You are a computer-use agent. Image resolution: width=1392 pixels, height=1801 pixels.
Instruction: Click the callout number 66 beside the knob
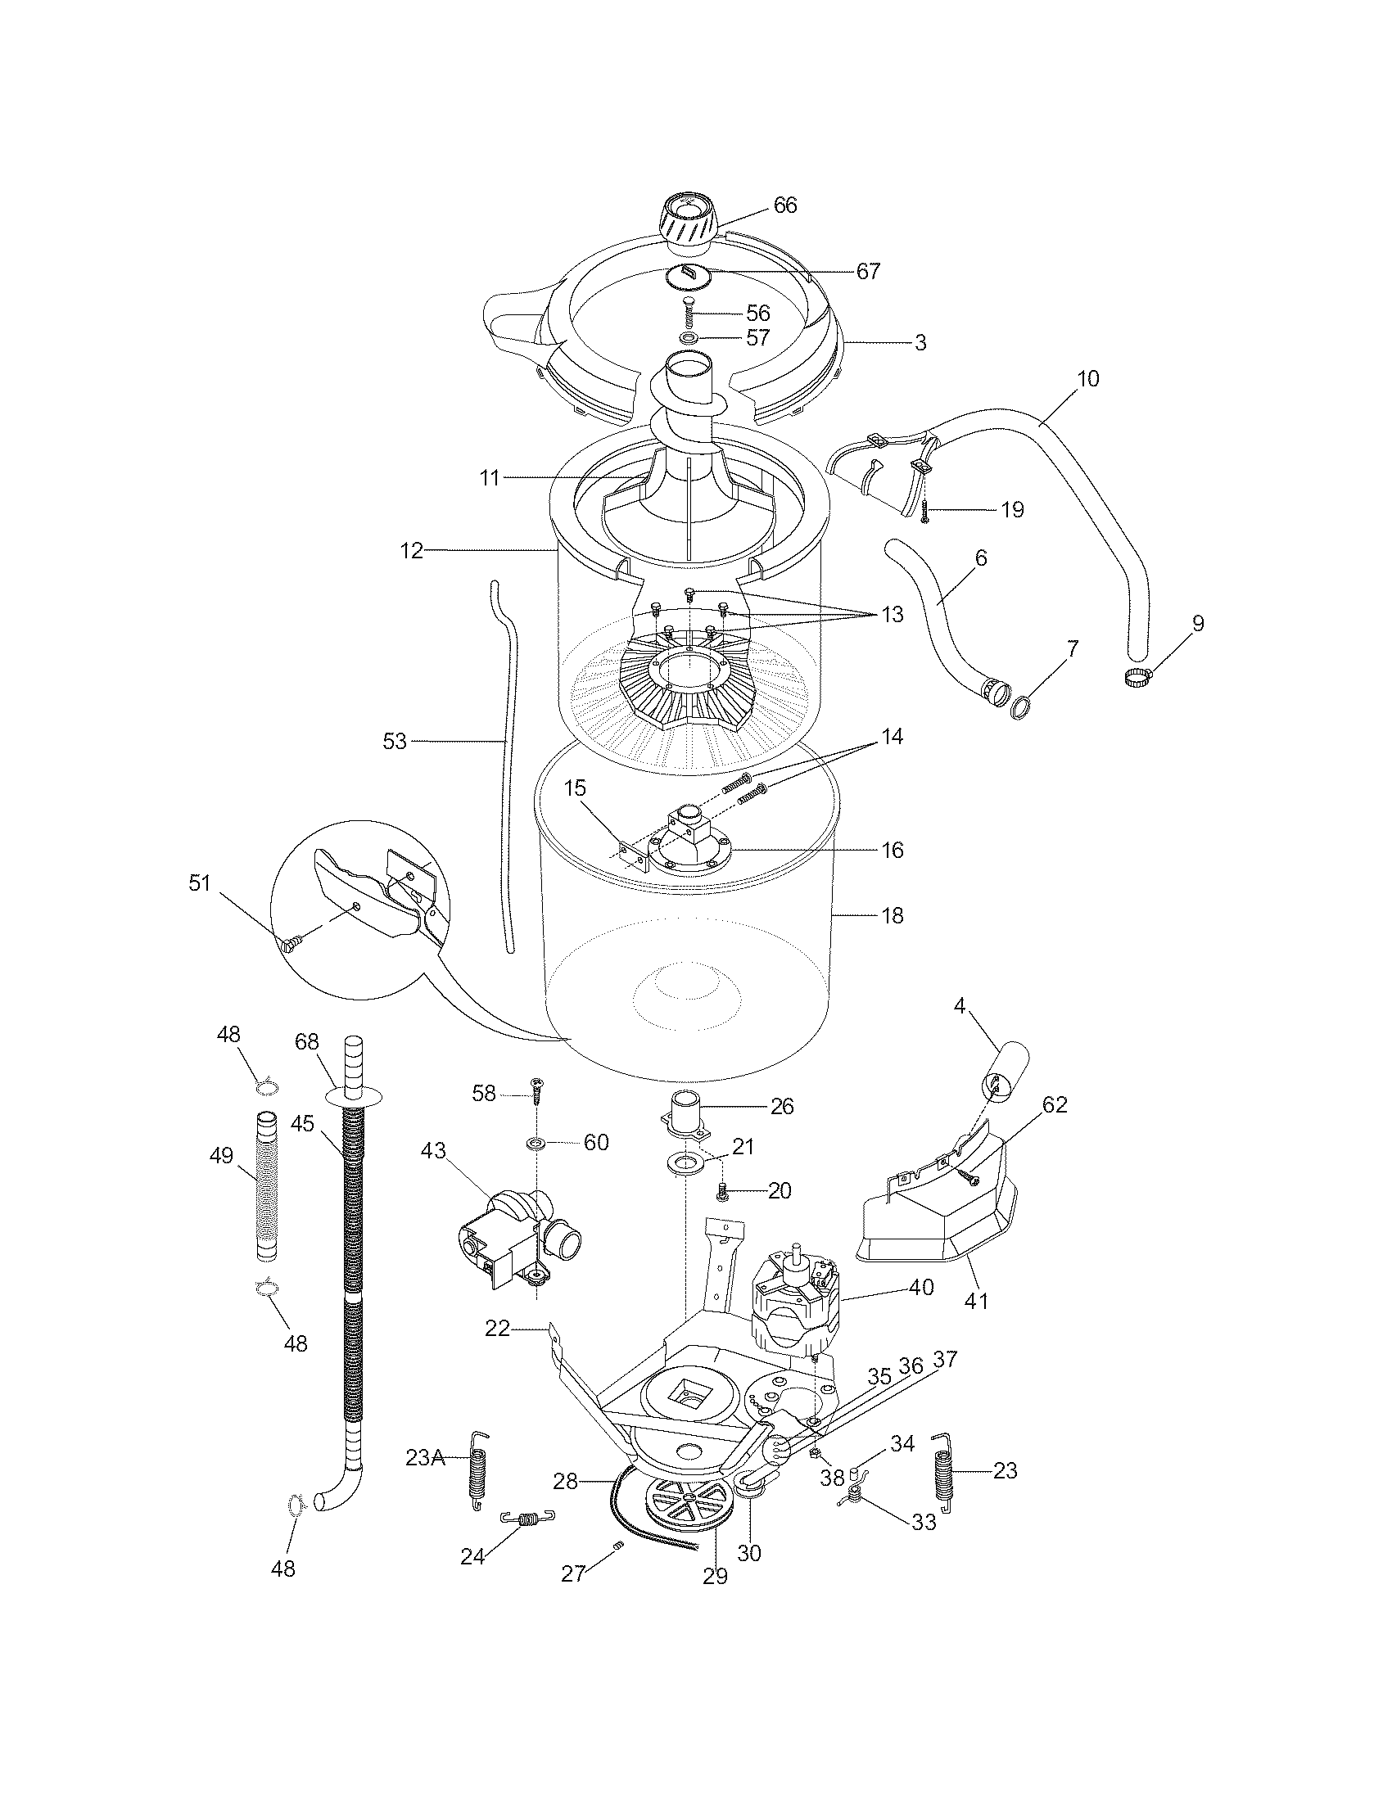coord(785,205)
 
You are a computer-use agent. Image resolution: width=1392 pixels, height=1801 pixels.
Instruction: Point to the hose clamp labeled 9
coord(1138,678)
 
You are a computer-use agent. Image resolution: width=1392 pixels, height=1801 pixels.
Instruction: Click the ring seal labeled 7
coord(1021,706)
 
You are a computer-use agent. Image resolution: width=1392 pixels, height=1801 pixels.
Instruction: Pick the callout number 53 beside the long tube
coord(395,742)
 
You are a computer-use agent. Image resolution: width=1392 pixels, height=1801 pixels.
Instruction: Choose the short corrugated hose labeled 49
coord(266,1196)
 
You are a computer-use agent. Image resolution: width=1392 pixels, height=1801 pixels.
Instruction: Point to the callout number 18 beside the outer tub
coord(893,915)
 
